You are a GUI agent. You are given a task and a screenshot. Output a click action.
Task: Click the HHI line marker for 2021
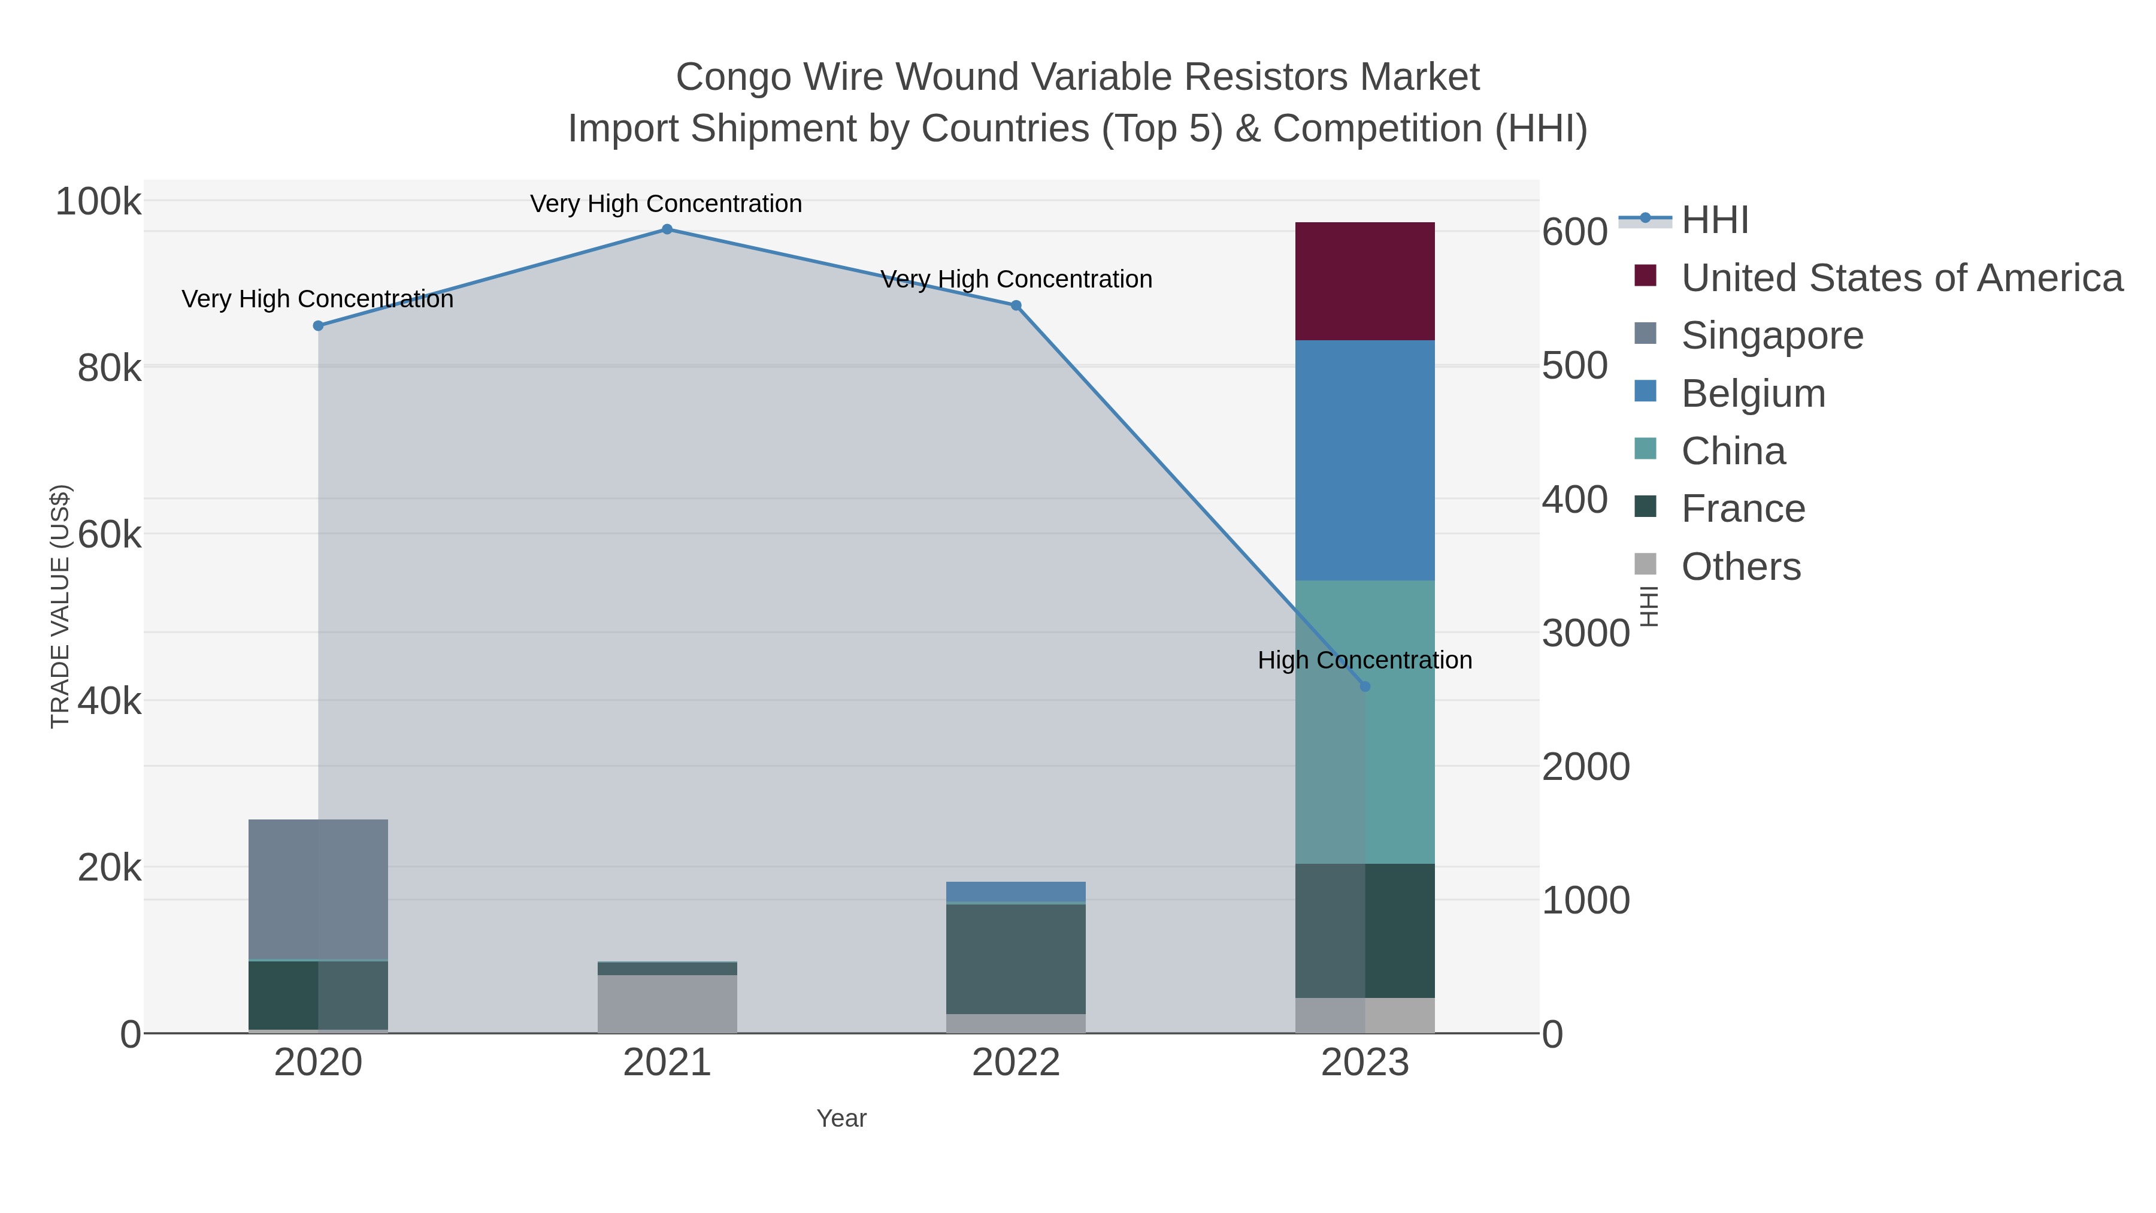667,229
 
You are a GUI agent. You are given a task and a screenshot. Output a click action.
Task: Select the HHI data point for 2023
1365,686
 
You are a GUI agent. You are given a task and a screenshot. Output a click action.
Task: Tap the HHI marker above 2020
318,326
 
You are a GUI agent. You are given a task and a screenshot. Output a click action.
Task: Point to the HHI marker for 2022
1016,305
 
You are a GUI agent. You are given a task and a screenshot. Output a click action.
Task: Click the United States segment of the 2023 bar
1365,282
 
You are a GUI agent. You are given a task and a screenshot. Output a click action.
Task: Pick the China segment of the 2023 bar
1365,722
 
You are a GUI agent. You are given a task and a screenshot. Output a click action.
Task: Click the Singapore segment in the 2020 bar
318,889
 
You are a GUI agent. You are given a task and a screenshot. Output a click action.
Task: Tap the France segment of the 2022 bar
1016,958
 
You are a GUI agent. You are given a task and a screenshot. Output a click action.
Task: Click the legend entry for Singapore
1772,335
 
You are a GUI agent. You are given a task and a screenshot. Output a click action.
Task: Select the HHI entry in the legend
1714,220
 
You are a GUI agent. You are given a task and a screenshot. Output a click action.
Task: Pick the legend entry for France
1743,509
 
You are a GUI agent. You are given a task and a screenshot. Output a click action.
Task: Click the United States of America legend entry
1901,278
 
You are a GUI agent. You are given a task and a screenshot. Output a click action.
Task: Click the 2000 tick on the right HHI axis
1585,767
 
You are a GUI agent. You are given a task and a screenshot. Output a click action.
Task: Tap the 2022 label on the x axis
1016,1063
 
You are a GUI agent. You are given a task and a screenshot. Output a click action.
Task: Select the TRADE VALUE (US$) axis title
60,606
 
